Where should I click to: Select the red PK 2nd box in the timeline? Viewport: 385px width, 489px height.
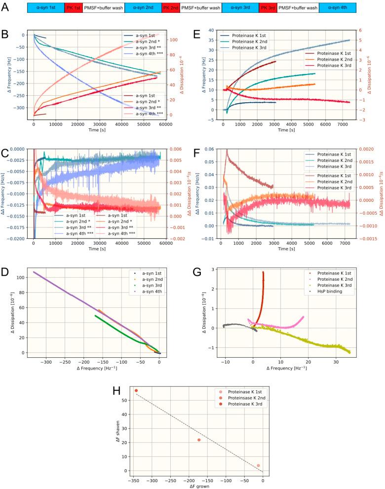(171, 8)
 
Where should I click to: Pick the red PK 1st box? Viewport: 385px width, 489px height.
(74, 8)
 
